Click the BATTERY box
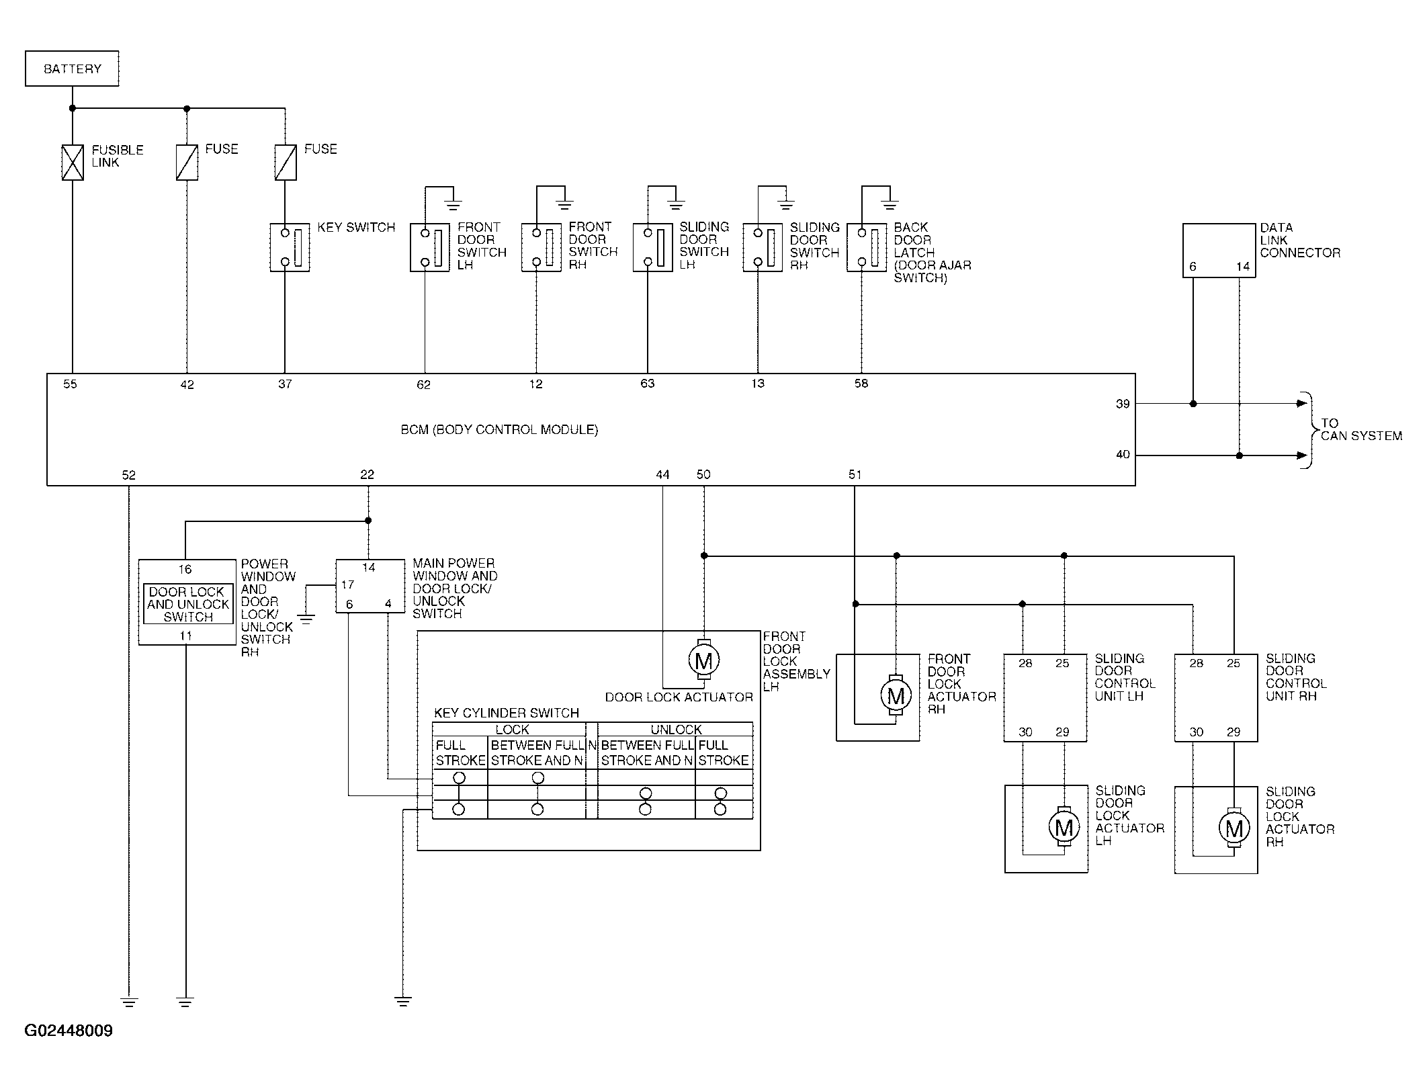(x=72, y=69)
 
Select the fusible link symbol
(x=73, y=163)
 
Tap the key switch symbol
(x=290, y=247)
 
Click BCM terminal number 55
(x=71, y=384)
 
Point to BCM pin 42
(x=187, y=385)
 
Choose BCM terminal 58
(x=861, y=384)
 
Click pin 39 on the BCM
(x=1123, y=404)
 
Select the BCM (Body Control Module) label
(x=499, y=430)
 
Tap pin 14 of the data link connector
(x=1243, y=267)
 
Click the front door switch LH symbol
(x=430, y=248)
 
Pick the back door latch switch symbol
(x=867, y=248)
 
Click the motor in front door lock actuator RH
(x=896, y=696)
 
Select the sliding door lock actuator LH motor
(x=1064, y=828)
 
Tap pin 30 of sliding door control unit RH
(x=1197, y=732)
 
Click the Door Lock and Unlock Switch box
(x=188, y=604)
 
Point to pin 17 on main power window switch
(x=347, y=584)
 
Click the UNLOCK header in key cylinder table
(x=676, y=730)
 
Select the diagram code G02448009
(x=69, y=1031)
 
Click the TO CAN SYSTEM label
(x=1361, y=430)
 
